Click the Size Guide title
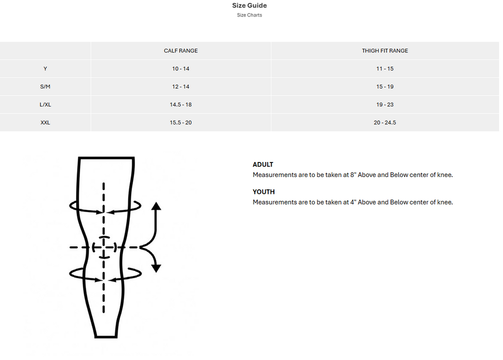pyautogui.click(x=249, y=6)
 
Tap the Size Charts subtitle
pyautogui.click(x=249, y=15)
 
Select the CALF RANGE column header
pyautogui.click(x=181, y=51)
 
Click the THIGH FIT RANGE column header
pyautogui.click(x=385, y=51)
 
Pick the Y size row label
pyautogui.click(x=45, y=69)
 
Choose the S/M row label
pyautogui.click(x=45, y=87)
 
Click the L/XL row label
pyautogui.click(x=45, y=105)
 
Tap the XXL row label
pyautogui.click(x=45, y=123)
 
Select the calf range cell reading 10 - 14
pyautogui.click(x=181, y=69)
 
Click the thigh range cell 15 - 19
pyautogui.click(x=385, y=87)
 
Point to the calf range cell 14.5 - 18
pyautogui.click(x=181, y=105)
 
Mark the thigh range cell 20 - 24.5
pyautogui.click(x=385, y=123)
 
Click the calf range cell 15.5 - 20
pyautogui.click(x=181, y=123)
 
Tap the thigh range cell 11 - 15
pyautogui.click(x=385, y=69)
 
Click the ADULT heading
pyautogui.click(x=263, y=165)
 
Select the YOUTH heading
pyautogui.click(x=264, y=192)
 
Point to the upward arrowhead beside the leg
pyautogui.click(x=156, y=206)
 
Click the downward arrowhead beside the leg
pyautogui.click(x=156, y=268)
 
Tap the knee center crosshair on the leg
pyautogui.click(x=104, y=247)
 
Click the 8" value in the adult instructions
pyautogui.click(x=353, y=175)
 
